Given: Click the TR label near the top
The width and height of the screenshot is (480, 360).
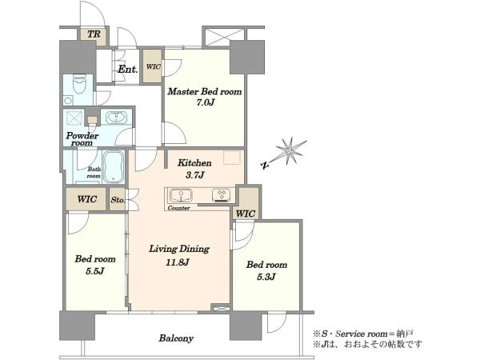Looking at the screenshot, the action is [94, 34].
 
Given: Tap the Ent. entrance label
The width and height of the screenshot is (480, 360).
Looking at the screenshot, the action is [128, 70].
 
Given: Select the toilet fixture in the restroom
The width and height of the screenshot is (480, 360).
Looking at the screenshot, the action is [80, 84].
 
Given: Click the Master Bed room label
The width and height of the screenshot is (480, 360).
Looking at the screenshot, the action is [204, 91].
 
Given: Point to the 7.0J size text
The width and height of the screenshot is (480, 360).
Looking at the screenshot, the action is [205, 102].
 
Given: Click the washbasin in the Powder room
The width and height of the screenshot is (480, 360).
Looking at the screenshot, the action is [116, 118].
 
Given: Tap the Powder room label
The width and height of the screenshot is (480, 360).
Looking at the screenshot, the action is [82, 139].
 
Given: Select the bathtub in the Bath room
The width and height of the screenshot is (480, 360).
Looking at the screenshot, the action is [114, 167].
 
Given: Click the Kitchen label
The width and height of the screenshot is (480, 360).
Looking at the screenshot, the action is [194, 163].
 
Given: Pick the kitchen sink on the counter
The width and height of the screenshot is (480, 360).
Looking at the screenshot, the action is [182, 196].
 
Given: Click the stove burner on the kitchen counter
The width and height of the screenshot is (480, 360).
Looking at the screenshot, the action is [221, 196].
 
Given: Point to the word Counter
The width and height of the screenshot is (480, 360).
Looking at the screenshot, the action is [178, 208].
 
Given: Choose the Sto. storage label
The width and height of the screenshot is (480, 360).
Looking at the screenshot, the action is [118, 200].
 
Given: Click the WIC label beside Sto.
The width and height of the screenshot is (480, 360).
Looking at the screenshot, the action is [87, 199].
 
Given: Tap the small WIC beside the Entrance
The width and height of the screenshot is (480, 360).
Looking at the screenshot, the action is [153, 66].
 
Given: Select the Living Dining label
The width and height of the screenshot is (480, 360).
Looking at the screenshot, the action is [179, 249].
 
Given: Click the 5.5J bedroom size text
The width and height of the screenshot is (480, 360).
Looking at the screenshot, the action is [95, 271].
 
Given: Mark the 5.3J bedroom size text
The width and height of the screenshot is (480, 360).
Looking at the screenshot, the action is [266, 277].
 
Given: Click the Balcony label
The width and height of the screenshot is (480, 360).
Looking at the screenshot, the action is [176, 338].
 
